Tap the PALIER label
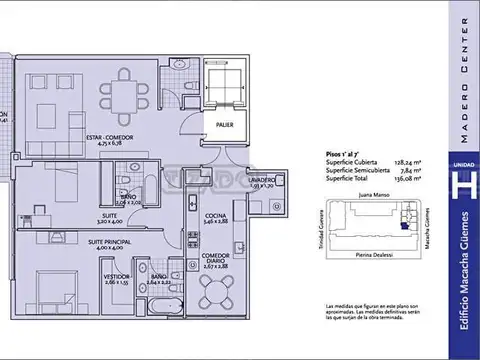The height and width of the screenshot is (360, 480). tap(223, 123)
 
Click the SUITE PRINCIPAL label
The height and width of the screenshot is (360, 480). tap(108, 242)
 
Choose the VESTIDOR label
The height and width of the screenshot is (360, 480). tap(116, 278)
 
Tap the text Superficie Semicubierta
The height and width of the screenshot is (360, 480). tap(355, 172)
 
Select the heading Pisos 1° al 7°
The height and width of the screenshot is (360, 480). tap(346, 154)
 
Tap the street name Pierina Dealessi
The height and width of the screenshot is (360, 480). tap(371, 257)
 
